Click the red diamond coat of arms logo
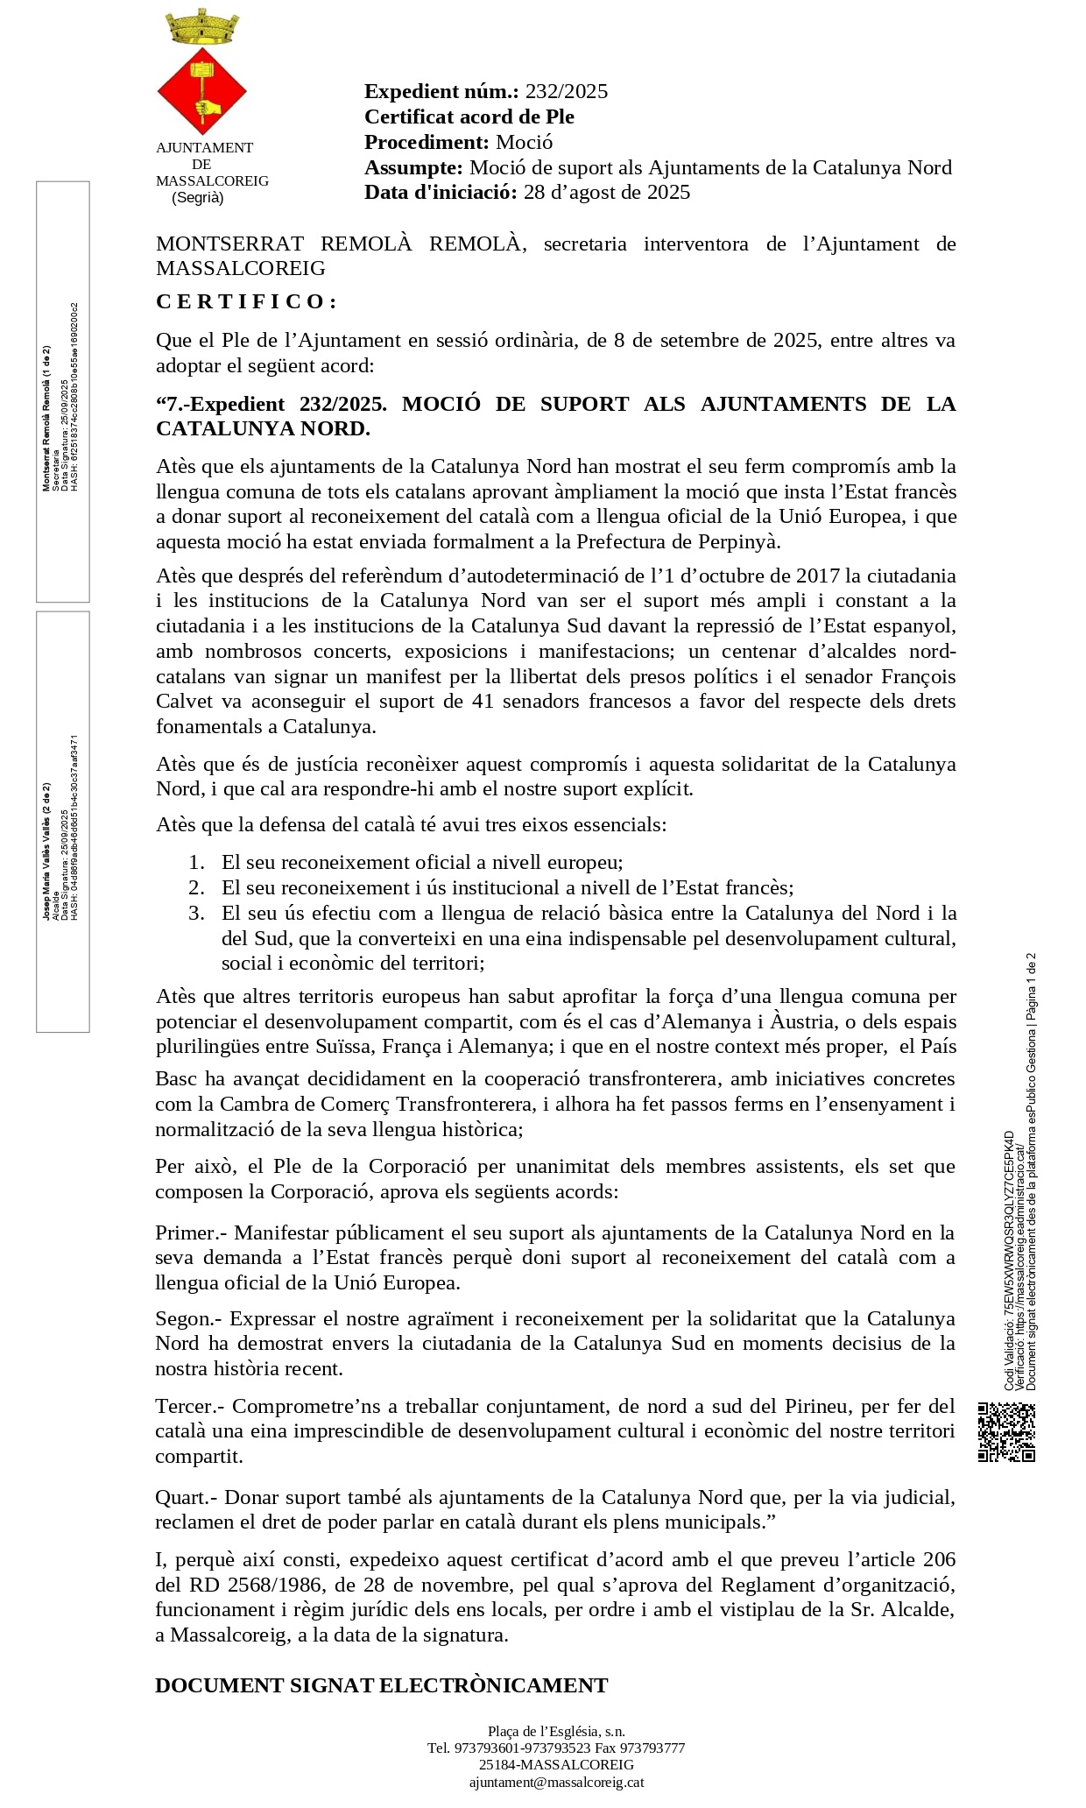pos(201,91)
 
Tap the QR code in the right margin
pos(1006,1431)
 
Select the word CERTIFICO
pos(246,301)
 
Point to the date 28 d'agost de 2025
pos(607,193)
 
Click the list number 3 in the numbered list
pos(197,913)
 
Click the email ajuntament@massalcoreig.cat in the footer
pos(556,1782)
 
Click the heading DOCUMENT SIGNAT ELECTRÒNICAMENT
pos(381,1685)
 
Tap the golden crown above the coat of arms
pos(201,28)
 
